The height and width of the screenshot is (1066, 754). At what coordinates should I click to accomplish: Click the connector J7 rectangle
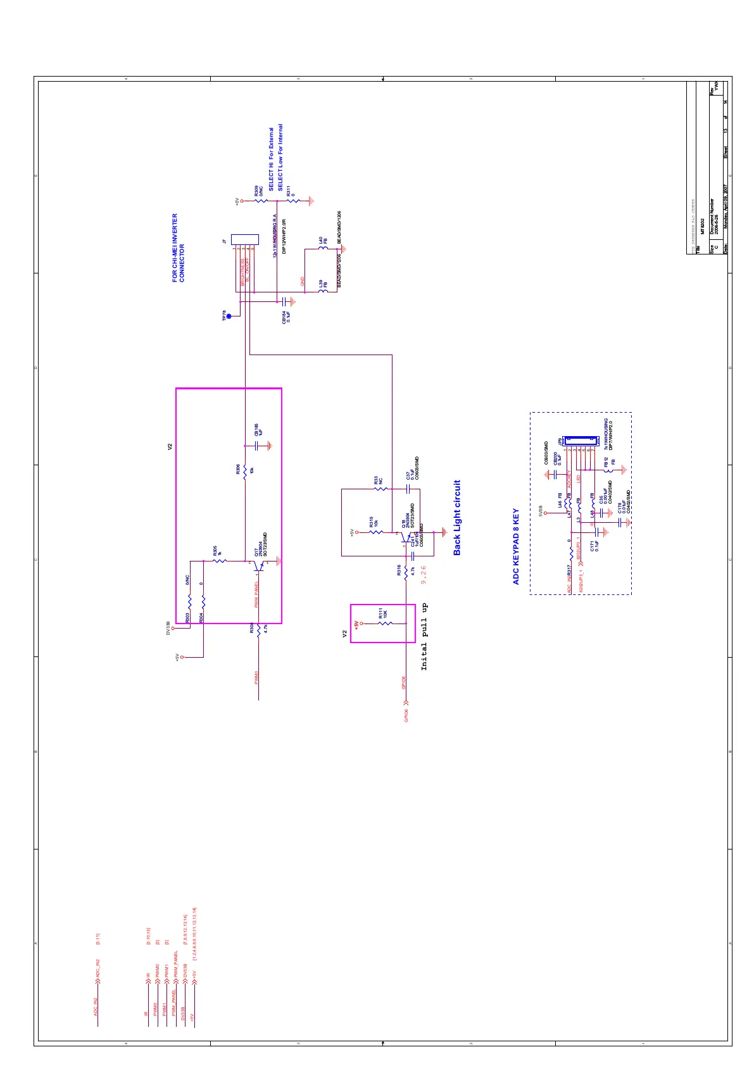pos(245,240)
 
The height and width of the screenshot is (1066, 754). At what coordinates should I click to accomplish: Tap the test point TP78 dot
pos(229,317)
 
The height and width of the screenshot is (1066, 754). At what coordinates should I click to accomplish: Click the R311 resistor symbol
pos(293,201)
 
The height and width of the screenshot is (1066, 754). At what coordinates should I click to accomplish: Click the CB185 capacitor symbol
pos(258,446)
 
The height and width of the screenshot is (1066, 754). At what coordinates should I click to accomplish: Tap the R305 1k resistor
pos(220,561)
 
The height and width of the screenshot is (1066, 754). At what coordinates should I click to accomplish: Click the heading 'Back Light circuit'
pos(457,518)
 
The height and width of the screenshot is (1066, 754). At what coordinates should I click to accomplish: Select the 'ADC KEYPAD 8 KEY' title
pos(516,546)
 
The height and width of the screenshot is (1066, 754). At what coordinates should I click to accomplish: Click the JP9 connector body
pos(581,439)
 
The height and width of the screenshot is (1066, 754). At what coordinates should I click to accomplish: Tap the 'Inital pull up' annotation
pos(424,637)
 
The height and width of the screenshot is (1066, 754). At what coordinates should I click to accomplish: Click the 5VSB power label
pos(541,510)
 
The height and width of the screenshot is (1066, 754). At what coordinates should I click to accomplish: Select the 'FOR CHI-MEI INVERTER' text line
pos(175,248)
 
